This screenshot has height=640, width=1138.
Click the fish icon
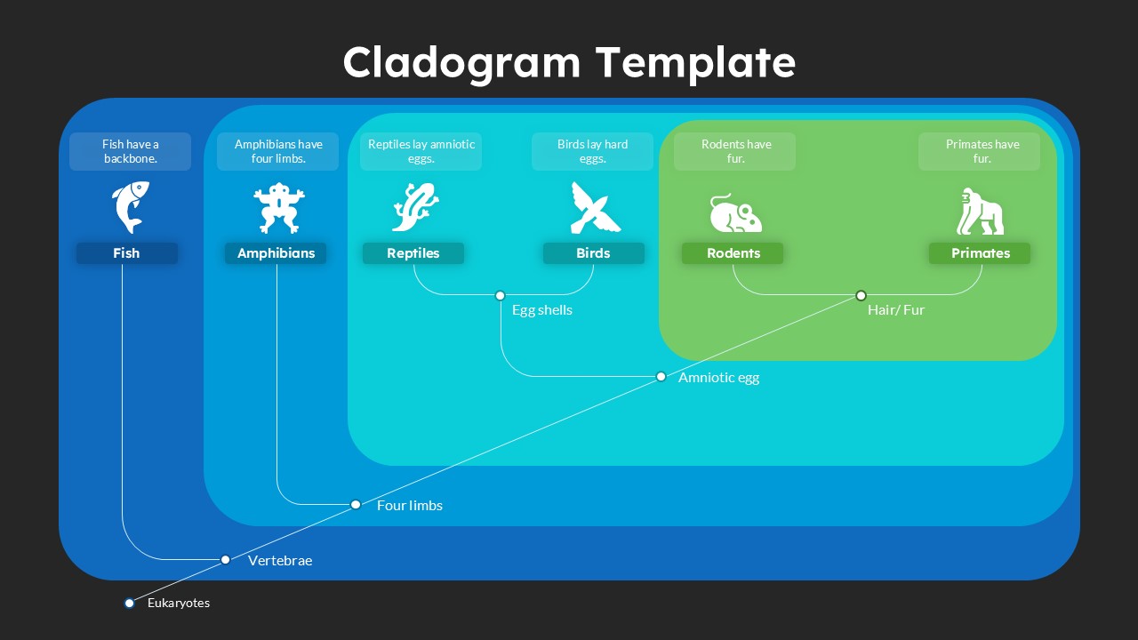pos(130,207)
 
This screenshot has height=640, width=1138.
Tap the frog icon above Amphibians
pos(277,208)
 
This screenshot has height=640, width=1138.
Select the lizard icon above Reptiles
pos(415,207)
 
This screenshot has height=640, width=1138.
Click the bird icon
pos(594,208)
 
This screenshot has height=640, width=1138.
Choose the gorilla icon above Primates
pos(980,212)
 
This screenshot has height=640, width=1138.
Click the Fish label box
pos(126,253)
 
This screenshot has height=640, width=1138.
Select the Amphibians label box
pos(276,253)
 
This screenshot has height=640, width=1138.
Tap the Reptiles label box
pos(413,253)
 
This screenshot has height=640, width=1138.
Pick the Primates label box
pos(980,253)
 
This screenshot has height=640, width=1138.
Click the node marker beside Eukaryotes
pos(130,603)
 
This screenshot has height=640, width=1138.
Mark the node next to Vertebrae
pos(226,559)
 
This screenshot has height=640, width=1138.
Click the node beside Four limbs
pos(356,504)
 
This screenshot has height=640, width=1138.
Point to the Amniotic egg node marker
pos(661,377)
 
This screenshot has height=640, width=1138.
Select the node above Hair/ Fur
pos(861,295)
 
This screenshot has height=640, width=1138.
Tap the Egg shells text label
pos(541,310)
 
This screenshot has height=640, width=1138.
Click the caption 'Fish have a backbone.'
pos(130,151)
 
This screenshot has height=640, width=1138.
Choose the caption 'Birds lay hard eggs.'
pos(592,151)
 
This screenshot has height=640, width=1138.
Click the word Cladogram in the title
pos(461,63)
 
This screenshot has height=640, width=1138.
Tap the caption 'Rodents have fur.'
pos(735,151)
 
